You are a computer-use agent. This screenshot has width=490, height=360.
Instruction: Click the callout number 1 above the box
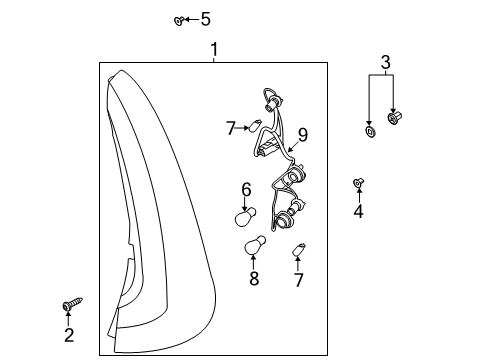[x=214, y=49]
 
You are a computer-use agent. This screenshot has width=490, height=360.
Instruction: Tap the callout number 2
[x=69, y=335]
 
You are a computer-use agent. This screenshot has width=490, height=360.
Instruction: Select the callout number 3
[x=385, y=62]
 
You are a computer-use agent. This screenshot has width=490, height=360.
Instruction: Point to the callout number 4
[x=359, y=211]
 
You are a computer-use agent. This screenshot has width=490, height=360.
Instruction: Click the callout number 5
[x=206, y=19]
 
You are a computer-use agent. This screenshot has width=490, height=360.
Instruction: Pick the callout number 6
[x=246, y=190]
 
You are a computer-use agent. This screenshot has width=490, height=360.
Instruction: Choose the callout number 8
[x=254, y=278]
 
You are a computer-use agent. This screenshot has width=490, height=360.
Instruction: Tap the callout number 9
[x=303, y=135]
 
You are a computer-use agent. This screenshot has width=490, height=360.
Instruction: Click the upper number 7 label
[x=231, y=128]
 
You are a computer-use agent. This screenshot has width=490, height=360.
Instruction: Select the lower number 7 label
[x=298, y=280]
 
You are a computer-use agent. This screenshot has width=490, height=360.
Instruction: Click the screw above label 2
[x=72, y=304]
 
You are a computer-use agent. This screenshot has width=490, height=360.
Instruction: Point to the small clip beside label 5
[x=179, y=21]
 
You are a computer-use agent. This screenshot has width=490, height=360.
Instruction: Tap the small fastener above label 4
[x=358, y=182]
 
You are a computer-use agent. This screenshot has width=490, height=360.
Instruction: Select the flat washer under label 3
[x=371, y=131]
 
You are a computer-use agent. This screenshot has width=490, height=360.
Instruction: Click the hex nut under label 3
[x=395, y=118]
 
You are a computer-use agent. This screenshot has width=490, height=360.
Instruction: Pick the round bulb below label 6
[x=245, y=217]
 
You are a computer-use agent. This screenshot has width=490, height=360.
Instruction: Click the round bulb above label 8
[x=255, y=245]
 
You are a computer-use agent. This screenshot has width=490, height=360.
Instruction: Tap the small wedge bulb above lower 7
[x=299, y=249]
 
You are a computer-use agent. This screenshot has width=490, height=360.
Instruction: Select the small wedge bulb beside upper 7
[x=255, y=125]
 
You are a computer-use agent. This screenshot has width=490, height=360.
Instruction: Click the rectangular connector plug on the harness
[x=268, y=148]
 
